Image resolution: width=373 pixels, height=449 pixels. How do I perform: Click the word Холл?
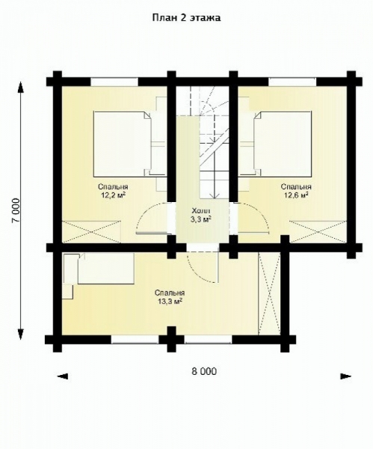pyautogui.click(x=200, y=211)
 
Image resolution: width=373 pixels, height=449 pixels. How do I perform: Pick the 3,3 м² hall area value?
pyautogui.click(x=200, y=221)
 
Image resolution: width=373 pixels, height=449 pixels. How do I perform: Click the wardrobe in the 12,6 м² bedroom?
pyautogui.click(x=318, y=230)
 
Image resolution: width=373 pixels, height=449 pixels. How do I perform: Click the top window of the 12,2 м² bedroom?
pyautogui.click(x=113, y=80)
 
